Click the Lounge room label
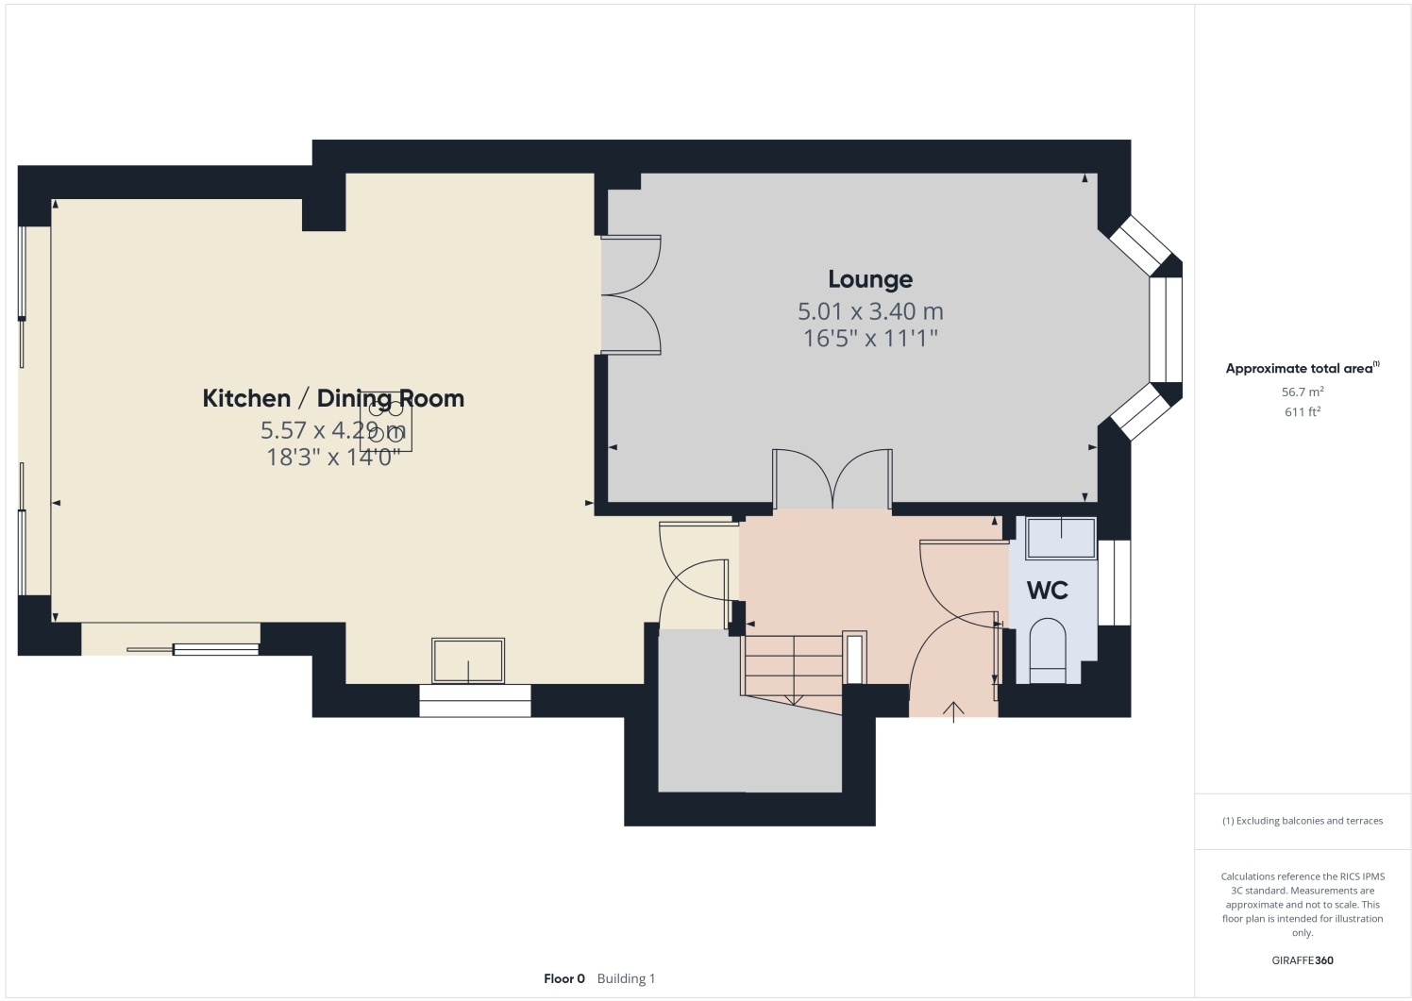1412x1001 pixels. point(869,279)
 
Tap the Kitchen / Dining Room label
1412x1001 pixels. point(333,398)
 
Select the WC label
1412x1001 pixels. point(1047,591)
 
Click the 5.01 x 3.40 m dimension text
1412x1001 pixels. point(869,311)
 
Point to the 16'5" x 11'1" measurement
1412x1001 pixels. point(869,338)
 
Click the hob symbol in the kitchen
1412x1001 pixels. point(386,421)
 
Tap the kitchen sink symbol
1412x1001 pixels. point(468,659)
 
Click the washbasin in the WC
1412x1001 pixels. point(1061,538)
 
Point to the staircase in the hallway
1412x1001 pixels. point(793,666)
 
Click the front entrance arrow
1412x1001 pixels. point(954,711)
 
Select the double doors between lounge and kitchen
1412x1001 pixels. point(630,295)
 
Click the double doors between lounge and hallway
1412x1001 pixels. point(832,479)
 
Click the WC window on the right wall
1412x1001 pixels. point(1114,582)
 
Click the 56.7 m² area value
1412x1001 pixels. point(1302,392)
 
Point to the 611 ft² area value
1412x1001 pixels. point(1302,412)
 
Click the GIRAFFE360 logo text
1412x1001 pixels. point(1303,960)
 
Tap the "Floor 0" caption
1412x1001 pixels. point(564,978)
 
